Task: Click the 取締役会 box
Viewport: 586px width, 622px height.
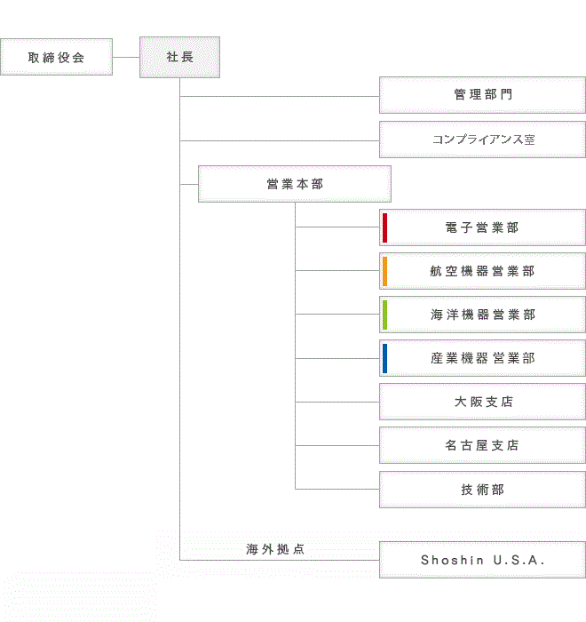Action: coord(56,57)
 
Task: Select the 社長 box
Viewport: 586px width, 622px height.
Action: coord(179,57)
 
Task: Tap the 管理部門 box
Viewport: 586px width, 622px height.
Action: coord(482,95)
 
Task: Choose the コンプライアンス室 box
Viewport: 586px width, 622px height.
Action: coord(482,140)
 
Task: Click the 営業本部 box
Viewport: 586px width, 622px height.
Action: coord(295,184)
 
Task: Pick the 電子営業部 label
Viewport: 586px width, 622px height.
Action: coord(482,227)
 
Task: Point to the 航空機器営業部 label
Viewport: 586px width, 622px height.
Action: coord(482,271)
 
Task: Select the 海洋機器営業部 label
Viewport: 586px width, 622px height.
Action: coord(483,315)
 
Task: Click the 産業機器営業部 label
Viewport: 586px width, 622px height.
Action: coord(483,358)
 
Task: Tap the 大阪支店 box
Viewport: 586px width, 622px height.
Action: coord(482,402)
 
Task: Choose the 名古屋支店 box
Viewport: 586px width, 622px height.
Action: coord(482,445)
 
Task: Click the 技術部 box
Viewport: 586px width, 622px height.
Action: coord(482,490)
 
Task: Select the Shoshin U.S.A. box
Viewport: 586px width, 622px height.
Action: coord(482,560)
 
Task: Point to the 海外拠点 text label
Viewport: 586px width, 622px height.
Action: coord(275,549)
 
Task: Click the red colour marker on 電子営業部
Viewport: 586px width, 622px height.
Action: coord(384,227)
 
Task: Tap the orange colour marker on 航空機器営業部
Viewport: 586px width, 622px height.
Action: coord(384,271)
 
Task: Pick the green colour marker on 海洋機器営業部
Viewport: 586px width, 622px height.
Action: coord(384,315)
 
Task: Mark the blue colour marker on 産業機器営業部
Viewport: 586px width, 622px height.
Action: coord(384,359)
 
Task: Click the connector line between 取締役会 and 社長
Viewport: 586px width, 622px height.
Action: coord(126,57)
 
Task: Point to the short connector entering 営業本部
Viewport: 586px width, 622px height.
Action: coord(189,185)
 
